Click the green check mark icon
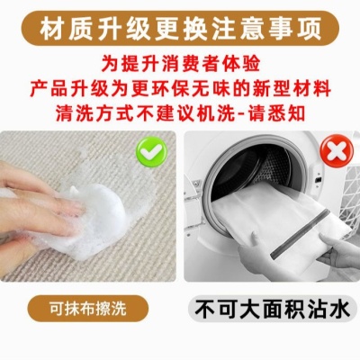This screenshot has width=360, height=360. [151, 151]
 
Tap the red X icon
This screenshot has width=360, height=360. [337, 151]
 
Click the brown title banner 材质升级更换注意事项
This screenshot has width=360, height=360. [180, 29]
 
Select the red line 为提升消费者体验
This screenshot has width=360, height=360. [180, 64]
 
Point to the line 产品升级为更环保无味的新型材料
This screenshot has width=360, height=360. [181, 88]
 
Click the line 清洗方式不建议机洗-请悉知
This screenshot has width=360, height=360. [180, 112]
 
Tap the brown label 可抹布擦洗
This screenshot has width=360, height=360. [88, 309]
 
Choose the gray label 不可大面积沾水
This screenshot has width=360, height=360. [273, 309]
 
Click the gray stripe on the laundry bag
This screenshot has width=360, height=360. [300, 234]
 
